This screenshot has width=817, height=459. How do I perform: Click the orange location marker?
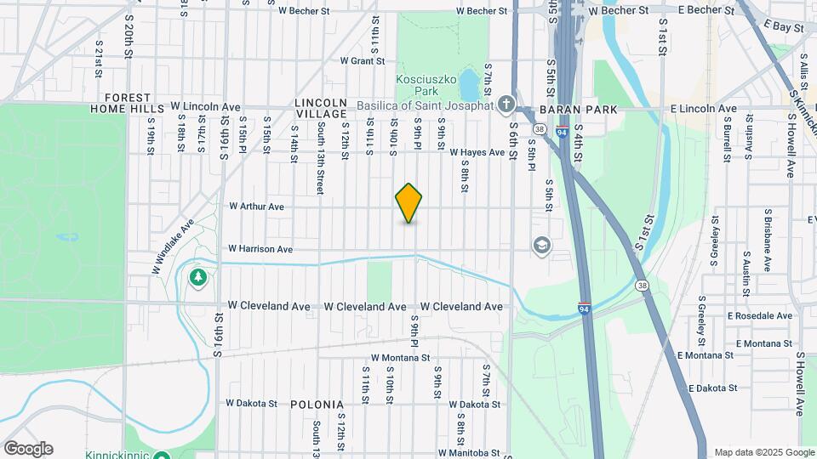(x=409, y=203)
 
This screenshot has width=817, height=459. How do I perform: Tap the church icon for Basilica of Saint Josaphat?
(x=506, y=105)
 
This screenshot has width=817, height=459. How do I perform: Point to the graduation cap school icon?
(x=541, y=246)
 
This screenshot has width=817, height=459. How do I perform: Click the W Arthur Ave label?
(x=256, y=206)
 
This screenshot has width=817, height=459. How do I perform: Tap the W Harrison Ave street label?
(x=260, y=249)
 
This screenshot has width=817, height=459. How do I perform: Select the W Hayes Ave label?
(x=478, y=152)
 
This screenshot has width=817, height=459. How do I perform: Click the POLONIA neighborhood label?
(x=317, y=405)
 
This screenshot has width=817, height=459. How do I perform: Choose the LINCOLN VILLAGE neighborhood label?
(x=321, y=108)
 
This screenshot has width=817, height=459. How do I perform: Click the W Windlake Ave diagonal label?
(x=174, y=246)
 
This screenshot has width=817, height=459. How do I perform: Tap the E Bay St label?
(x=784, y=28)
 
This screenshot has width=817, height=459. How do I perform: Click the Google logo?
(x=28, y=448)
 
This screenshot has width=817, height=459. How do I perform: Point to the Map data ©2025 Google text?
(x=763, y=452)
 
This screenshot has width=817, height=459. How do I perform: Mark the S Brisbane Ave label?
(x=768, y=229)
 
